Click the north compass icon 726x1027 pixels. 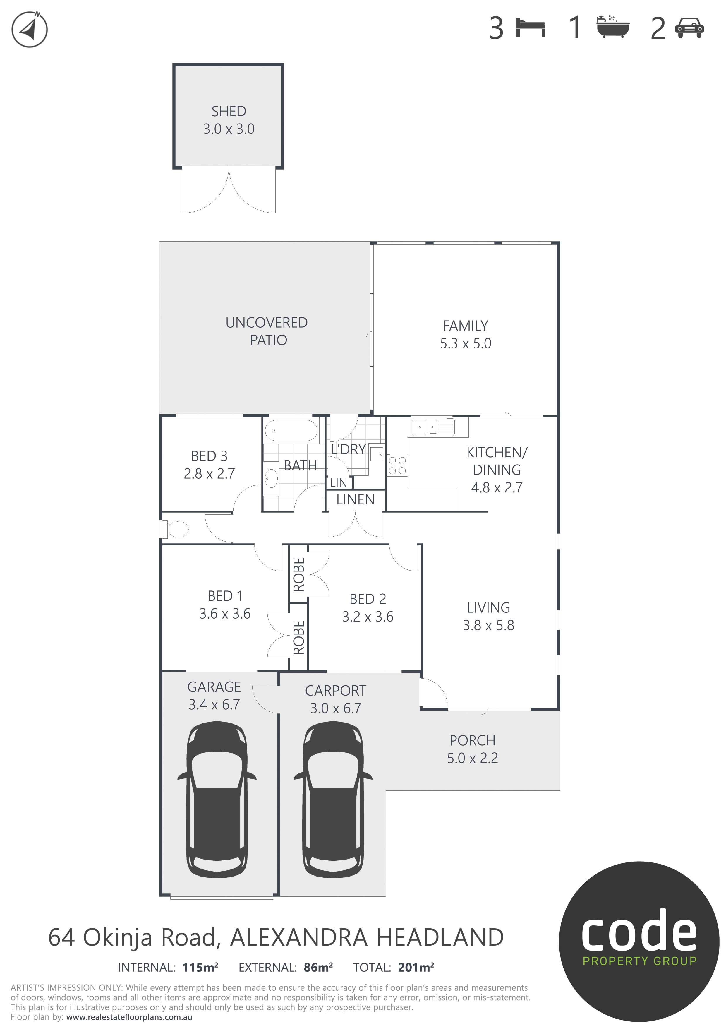tap(30, 30)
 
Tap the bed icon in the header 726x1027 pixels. tap(531, 28)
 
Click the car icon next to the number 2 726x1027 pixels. tap(690, 28)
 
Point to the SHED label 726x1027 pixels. tap(229, 111)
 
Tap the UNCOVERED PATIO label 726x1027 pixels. tap(267, 331)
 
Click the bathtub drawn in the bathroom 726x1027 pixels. tap(291, 431)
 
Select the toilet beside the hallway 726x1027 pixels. tap(175, 529)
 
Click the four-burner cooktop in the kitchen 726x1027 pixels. tap(397, 465)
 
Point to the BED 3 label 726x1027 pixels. tap(209, 456)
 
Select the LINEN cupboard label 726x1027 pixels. tap(356, 500)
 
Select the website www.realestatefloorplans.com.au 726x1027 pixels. tap(129, 1017)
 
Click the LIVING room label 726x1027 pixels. tap(489, 607)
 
